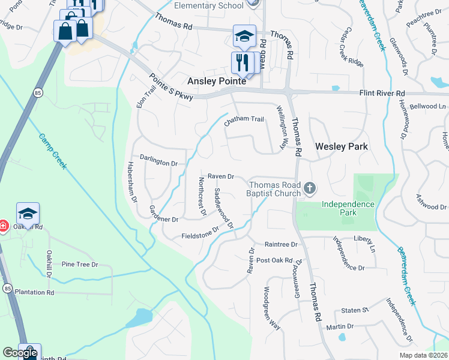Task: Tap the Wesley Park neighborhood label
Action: click(x=340, y=146)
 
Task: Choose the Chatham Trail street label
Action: click(x=244, y=120)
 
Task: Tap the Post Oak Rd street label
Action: click(x=274, y=260)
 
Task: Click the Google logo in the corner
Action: click(x=20, y=353)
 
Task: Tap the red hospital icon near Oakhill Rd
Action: click(x=3, y=226)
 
